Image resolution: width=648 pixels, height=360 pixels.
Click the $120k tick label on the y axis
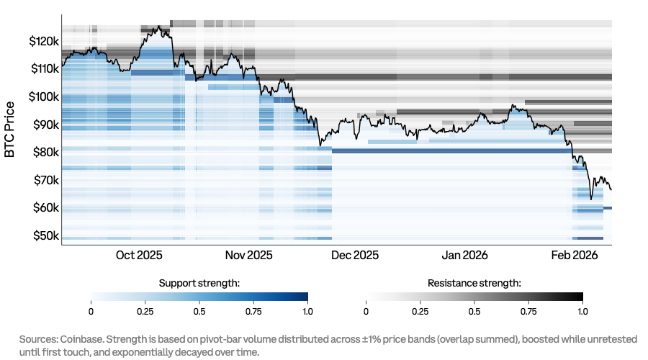tap(43, 42)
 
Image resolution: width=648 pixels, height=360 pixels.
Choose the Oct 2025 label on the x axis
tap(139, 255)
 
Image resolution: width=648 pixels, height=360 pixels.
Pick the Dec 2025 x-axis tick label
tap(355, 255)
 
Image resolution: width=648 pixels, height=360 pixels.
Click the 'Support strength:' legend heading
tap(199, 283)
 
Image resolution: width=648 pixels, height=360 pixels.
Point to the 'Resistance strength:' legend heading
tap(474, 283)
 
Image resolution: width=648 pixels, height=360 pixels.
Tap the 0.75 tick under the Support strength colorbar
tap(253, 311)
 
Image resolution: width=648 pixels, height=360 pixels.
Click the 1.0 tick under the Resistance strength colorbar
tap(582, 311)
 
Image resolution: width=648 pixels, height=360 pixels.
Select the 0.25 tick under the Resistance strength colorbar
tap(420, 311)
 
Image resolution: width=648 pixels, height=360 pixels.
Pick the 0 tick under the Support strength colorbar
tap(91, 311)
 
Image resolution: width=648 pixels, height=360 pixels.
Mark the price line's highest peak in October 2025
tap(157, 27)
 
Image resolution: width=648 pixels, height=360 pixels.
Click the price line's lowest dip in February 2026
tap(591, 199)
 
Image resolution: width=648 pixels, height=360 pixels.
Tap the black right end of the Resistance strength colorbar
tap(580, 297)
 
